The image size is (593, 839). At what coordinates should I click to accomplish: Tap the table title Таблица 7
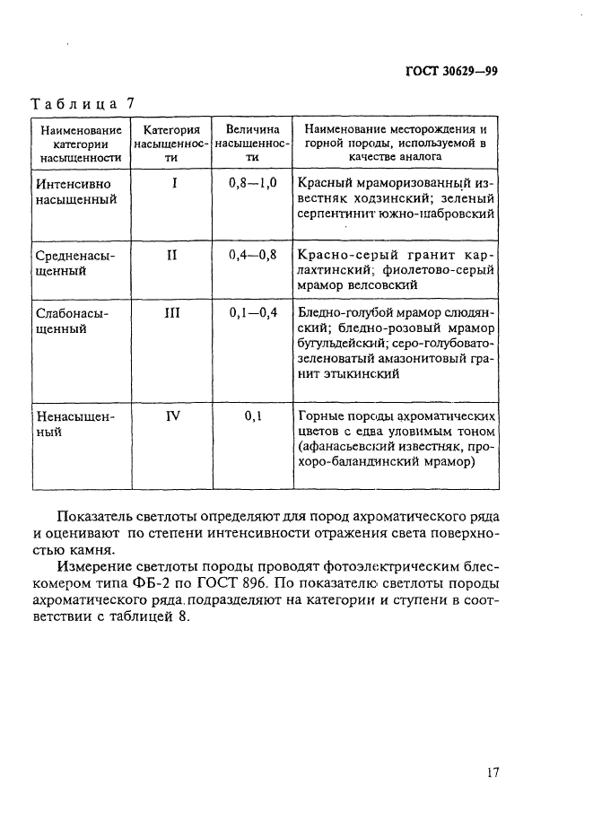(x=83, y=104)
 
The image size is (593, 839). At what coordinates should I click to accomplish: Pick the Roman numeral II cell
(x=173, y=255)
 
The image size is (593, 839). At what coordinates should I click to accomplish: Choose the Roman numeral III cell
(x=173, y=313)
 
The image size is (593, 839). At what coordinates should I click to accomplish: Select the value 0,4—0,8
(x=253, y=255)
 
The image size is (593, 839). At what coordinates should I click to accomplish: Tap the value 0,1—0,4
(x=253, y=313)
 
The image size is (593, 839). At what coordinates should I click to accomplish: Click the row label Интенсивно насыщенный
(x=76, y=190)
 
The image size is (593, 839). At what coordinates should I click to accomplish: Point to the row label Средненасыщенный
(x=76, y=263)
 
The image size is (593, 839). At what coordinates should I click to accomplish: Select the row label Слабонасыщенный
(x=76, y=321)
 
